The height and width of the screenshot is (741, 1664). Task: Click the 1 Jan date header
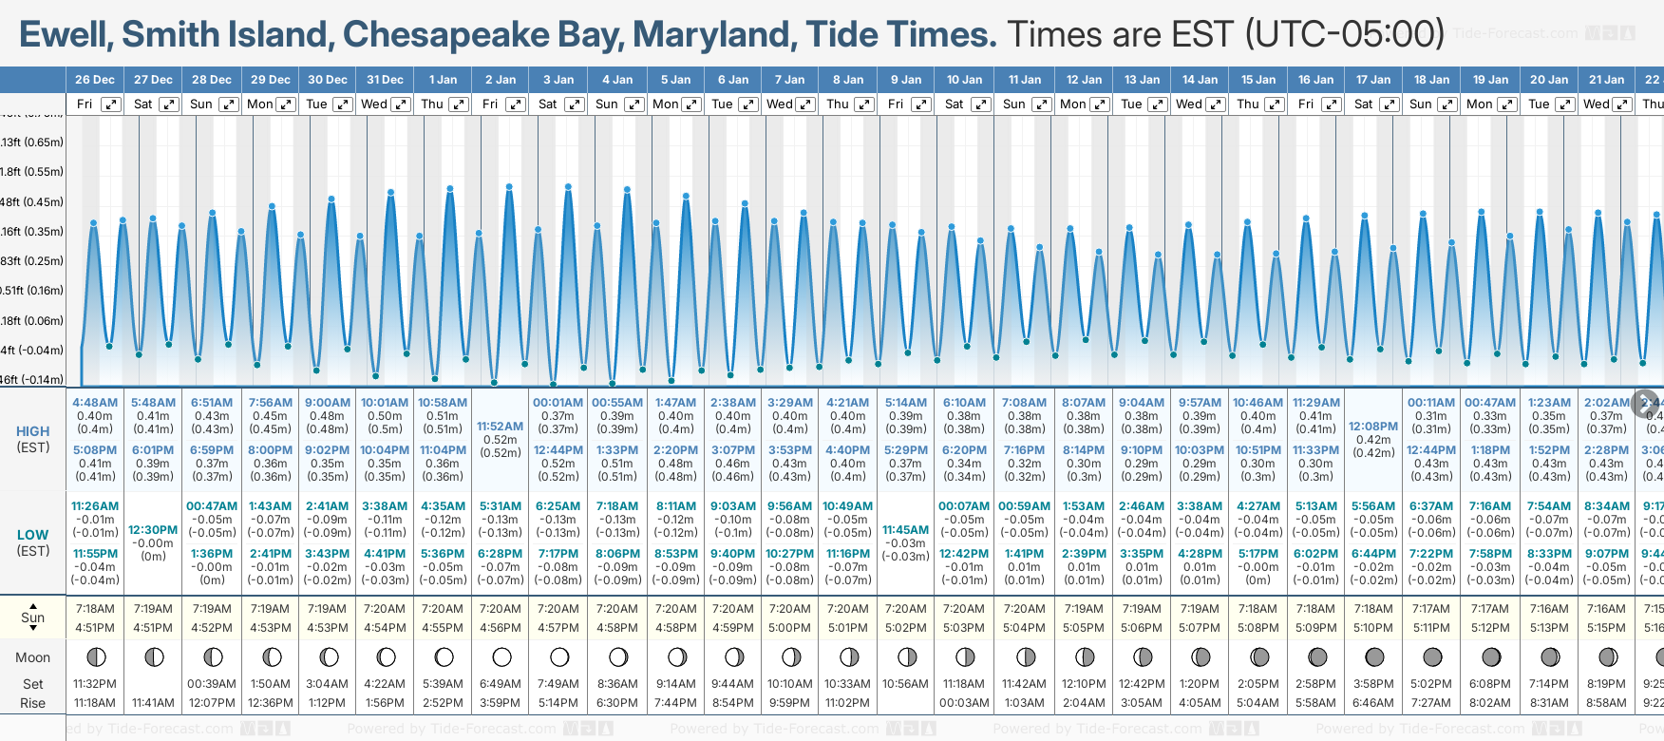click(x=443, y=80)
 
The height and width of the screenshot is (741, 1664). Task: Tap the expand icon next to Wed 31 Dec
click(x=401, y=104)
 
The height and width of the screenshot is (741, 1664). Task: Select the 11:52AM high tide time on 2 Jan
click(x=501, y=427)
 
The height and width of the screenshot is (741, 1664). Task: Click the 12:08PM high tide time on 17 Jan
click(x=1372, y=427)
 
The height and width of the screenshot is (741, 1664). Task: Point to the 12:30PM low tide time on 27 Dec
click(x=153, y=530)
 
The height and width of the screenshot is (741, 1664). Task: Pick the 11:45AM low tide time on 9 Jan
click(x=905, y=530)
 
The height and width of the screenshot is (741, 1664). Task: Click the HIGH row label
click(x=33, y=431)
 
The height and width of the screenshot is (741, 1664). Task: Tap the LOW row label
click(x=33, y=535)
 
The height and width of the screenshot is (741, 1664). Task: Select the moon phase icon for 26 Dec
click(x=95, y=656)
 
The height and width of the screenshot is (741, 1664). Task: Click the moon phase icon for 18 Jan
click(x=1432, y=656)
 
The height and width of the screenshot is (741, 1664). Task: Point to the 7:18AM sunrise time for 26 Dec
click(x=95, y=609)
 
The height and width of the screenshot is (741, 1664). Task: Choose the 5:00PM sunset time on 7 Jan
click(x=790, y=628)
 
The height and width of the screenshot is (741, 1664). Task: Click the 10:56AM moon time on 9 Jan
click(x=905, y=684)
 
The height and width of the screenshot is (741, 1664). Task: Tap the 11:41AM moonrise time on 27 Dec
click(x=153, y=703)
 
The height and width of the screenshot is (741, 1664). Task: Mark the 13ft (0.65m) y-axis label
click(x=32, y=142)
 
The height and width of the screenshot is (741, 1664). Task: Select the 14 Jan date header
click(x=1201, y=80)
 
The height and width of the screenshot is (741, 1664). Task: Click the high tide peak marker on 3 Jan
click(x=568, y=187)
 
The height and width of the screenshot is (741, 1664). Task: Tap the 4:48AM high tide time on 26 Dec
click(x=95, y=403)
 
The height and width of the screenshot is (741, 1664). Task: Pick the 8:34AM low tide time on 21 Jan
click(x=1607, y=506)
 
